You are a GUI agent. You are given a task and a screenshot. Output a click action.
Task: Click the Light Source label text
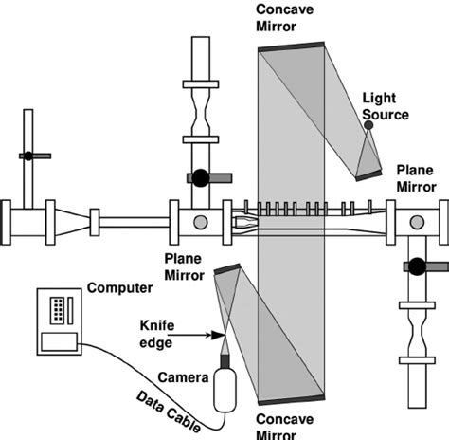pyautogui.click(x=386, y=106)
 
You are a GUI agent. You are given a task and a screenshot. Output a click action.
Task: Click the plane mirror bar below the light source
pyautogui.click(x=368, y=174)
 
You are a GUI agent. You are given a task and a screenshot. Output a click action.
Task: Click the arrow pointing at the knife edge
pyautogui.click(x=202, y=334)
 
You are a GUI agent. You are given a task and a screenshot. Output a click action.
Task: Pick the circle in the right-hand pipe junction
pyautogui.click(x=415, y=224)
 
